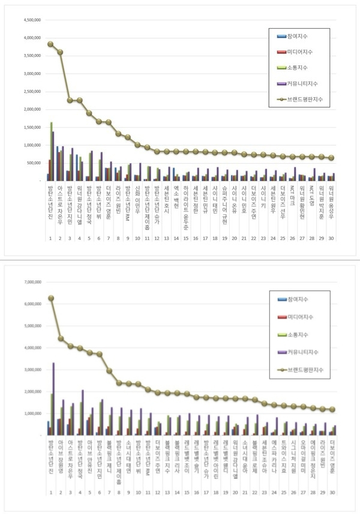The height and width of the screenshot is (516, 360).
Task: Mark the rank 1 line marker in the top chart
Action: (50, 44)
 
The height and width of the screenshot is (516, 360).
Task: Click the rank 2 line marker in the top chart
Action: (60, 52)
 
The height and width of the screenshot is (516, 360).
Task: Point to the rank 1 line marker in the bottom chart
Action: (51, 298)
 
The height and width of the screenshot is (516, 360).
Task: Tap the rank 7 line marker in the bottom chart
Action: (109, 371)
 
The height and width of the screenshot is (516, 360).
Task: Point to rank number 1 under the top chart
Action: (50, 238)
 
